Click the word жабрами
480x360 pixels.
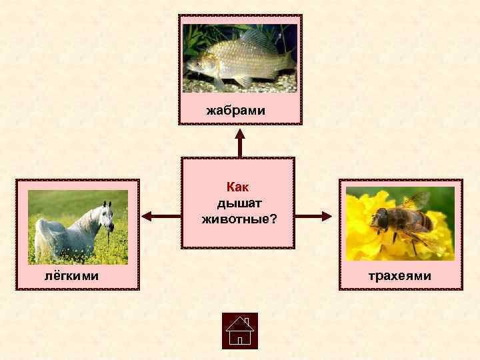(x=235, y=109)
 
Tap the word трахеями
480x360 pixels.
(x=400, y=275)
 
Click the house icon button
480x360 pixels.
(x=239, y=331)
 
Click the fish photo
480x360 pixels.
(x=240, y=59)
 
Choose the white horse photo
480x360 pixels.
(x=77, y=227)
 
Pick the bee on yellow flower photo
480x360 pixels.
(x=400, y=223)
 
